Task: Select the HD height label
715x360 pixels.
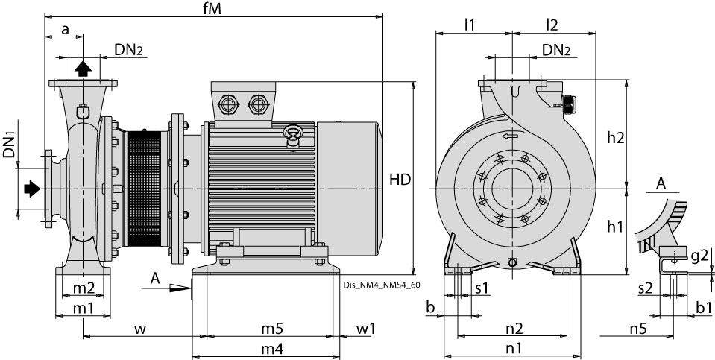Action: tap(400, 180)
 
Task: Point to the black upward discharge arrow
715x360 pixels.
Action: tap(83, 69)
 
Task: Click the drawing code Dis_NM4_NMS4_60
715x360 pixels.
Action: tap(382, 284)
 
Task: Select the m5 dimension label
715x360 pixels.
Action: tap(271, 329)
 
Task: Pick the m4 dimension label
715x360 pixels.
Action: tap(271, 349)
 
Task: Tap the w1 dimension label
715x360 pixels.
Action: tap(365, 329)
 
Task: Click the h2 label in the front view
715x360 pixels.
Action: tap(615, 136)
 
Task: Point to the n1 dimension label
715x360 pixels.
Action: tap(514, 348)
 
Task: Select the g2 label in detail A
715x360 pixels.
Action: tap(699, 256)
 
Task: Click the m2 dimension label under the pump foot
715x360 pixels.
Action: tap(83, 288)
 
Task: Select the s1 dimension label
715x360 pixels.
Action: tap(482, 288)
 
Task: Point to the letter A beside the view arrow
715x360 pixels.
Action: tap(154, 277)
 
